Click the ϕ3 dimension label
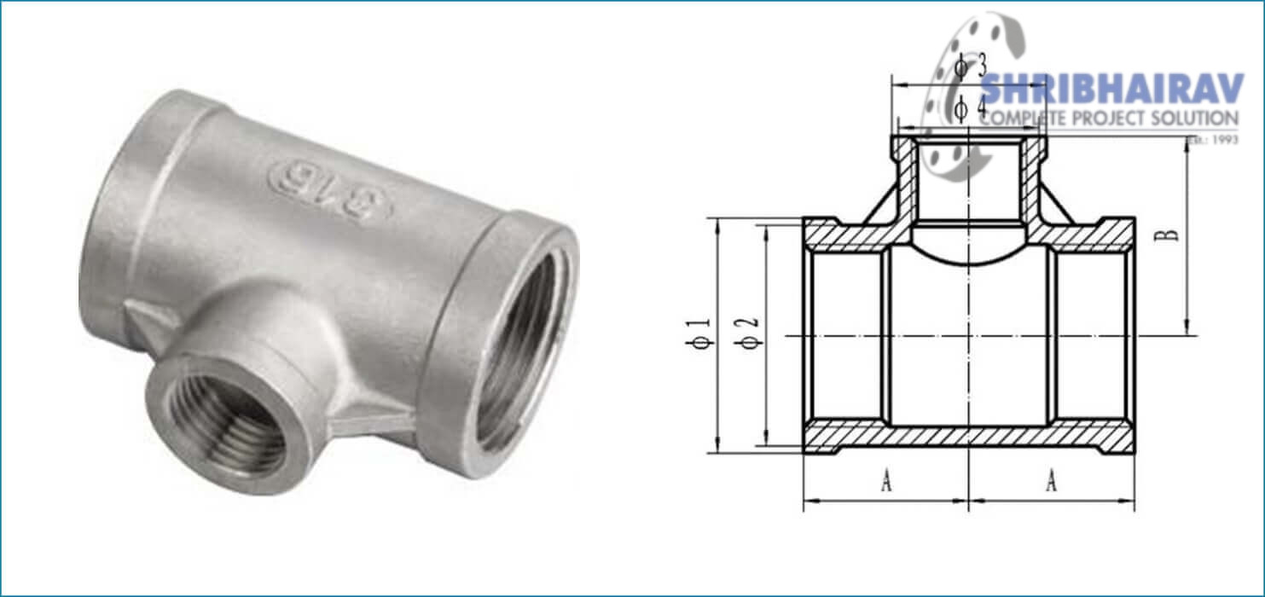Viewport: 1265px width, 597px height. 969,66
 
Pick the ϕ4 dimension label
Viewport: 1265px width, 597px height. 969,108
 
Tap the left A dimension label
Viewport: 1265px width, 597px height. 886,483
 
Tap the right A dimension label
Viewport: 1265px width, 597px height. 1051,483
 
